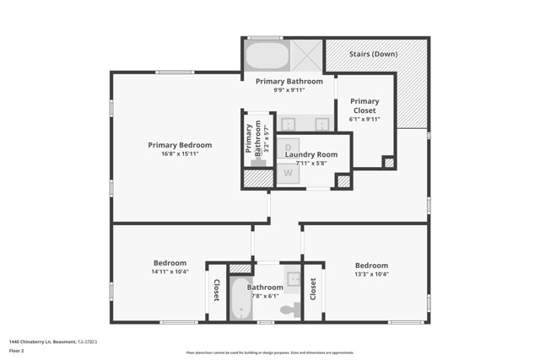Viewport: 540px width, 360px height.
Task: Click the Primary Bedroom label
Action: point(180,145)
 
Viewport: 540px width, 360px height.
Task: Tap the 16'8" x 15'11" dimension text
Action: point(180,153)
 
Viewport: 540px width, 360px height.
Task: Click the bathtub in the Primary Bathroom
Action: point(267,56)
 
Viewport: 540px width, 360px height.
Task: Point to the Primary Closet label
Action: point(364,105)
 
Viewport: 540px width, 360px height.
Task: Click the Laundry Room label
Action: point(310,154)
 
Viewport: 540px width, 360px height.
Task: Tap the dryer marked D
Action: point(288,146)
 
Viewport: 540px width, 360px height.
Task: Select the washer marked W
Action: point(288,174)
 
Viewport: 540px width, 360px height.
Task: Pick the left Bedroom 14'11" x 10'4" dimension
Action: point(170,272)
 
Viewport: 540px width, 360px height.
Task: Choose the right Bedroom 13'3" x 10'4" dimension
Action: point(371,273)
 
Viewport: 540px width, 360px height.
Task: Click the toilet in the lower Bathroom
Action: point(289,310)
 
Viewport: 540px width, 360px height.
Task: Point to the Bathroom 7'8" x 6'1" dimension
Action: point(265,296)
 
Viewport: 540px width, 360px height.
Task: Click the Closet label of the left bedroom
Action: point(216,291)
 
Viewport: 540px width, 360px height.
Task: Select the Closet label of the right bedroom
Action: point(313,290)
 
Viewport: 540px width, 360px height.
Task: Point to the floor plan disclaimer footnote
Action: point(270,352)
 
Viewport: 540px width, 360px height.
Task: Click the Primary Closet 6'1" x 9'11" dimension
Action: point(364,119)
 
